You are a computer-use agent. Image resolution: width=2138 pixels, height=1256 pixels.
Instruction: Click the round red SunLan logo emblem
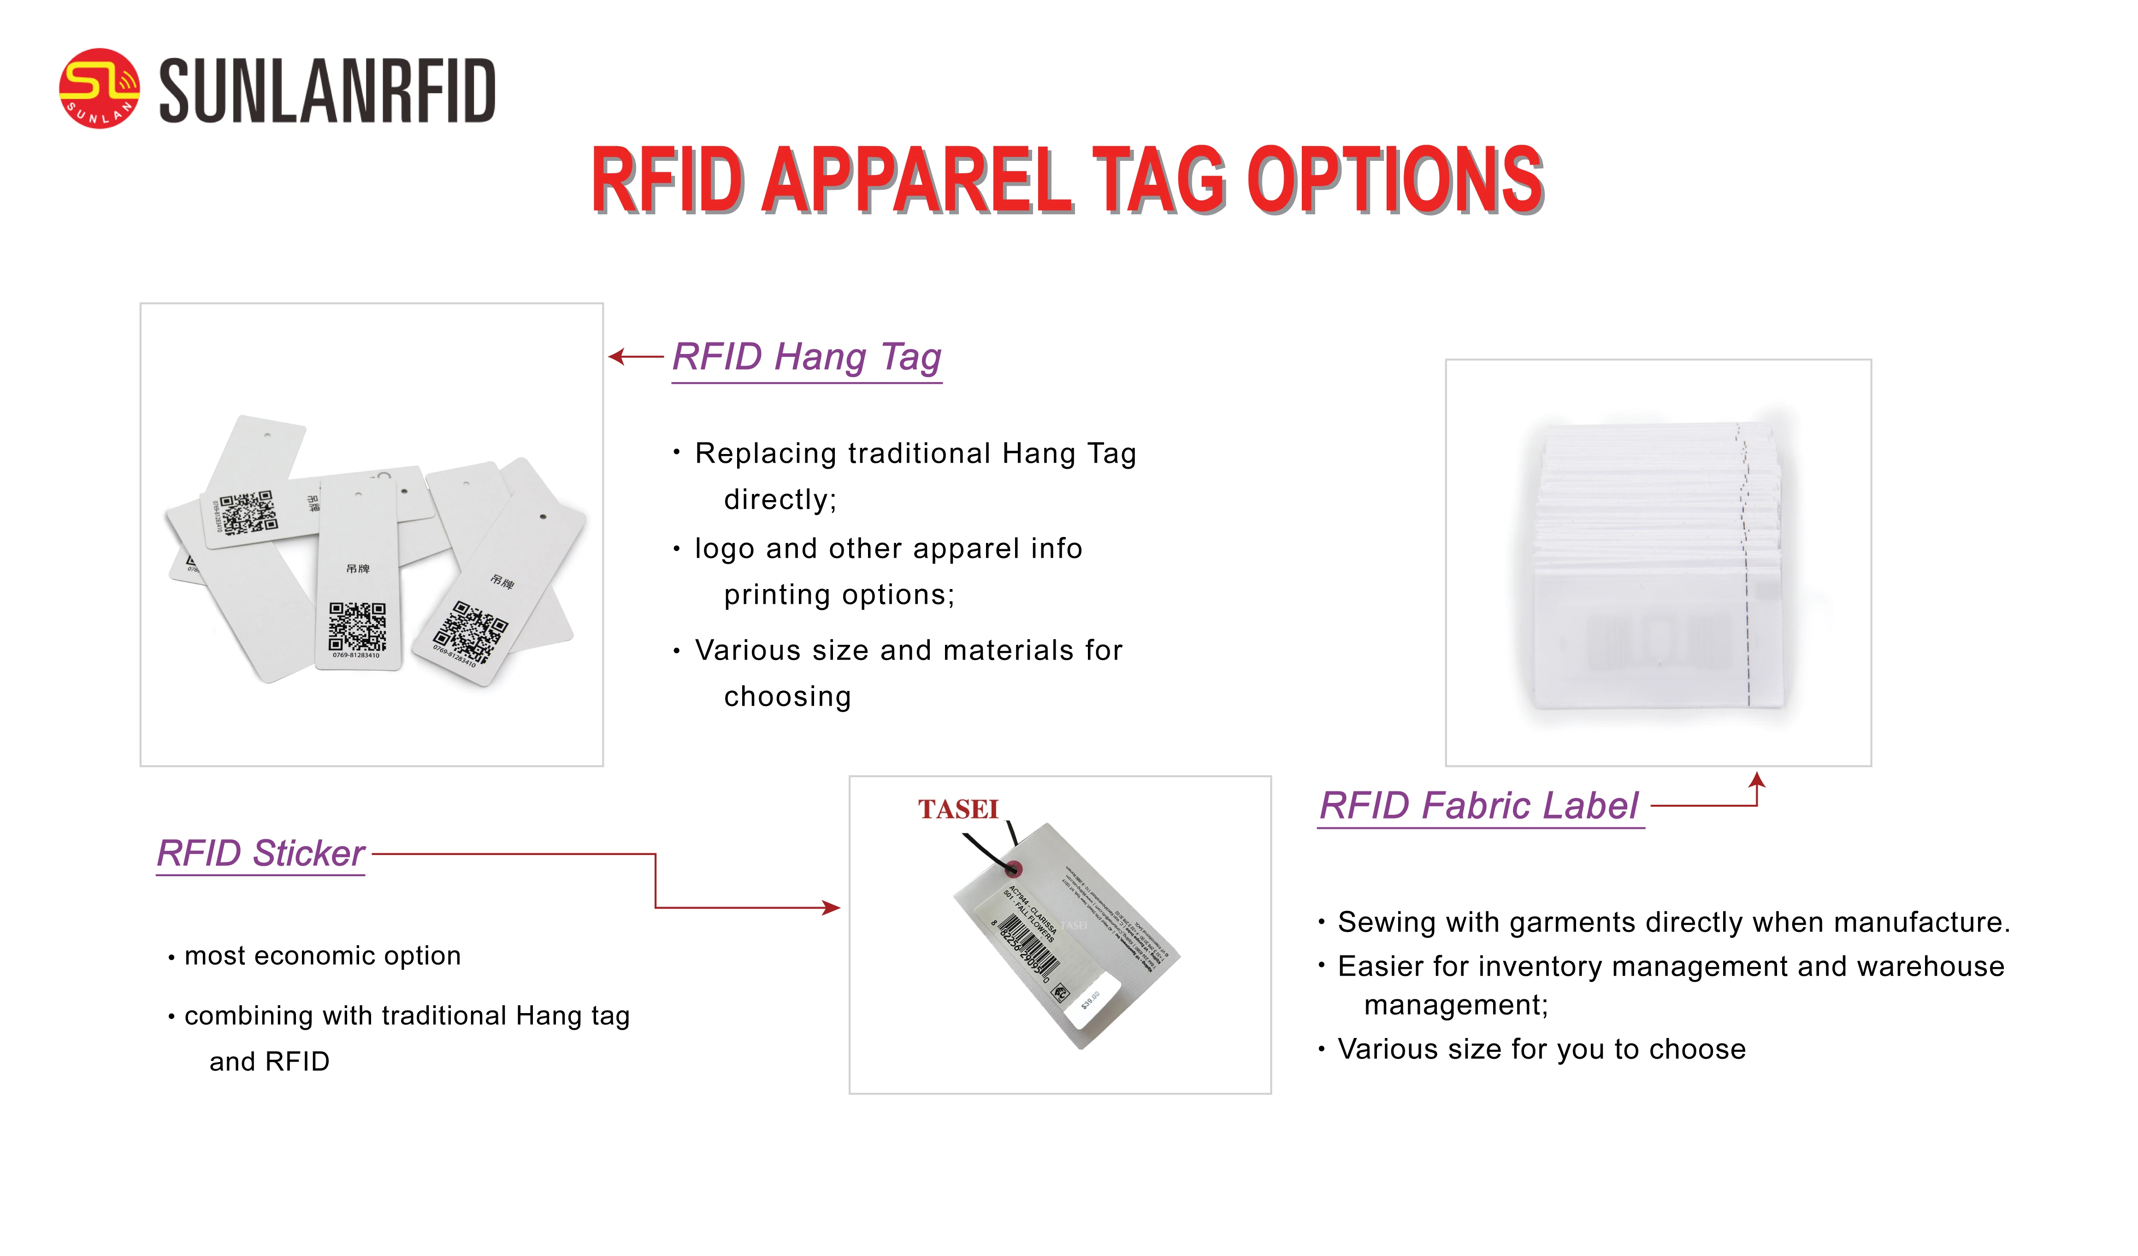(x=99, y=88)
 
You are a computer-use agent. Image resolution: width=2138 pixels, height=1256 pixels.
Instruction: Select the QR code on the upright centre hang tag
(x=357, y=626)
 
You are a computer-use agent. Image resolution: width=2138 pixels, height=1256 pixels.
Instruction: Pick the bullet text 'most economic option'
(x=322, y=956)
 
